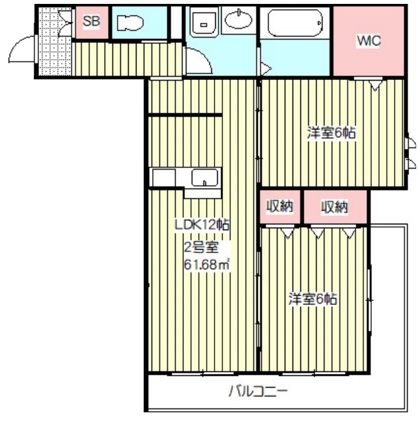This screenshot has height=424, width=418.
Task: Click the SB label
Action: (91, 21)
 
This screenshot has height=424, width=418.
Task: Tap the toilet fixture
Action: (130, 23)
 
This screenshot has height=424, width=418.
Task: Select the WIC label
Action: (369, 41)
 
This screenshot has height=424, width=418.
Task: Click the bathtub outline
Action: (295, 23)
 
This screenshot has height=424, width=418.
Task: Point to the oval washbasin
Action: (239, 19)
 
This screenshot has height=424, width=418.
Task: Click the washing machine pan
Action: (204, 22)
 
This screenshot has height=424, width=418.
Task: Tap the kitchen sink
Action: (205, 178)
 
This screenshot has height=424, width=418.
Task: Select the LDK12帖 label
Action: (202, 225)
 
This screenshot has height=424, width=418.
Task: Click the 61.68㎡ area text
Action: (207, 264)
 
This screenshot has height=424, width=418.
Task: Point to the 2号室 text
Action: (202, 247)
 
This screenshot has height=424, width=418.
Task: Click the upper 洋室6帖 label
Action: (331, 133)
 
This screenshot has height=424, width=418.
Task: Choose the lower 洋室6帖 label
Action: (313, 298)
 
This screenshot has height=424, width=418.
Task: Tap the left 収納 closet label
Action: (280, 207)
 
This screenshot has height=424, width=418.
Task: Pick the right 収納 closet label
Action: (334, 207)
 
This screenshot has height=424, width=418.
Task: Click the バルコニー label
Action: (257, 391)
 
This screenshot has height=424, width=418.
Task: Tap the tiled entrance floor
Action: (55, 42)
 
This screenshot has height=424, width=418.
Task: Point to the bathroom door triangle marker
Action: (266, 69)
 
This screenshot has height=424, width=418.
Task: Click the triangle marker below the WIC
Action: (375, 85)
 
